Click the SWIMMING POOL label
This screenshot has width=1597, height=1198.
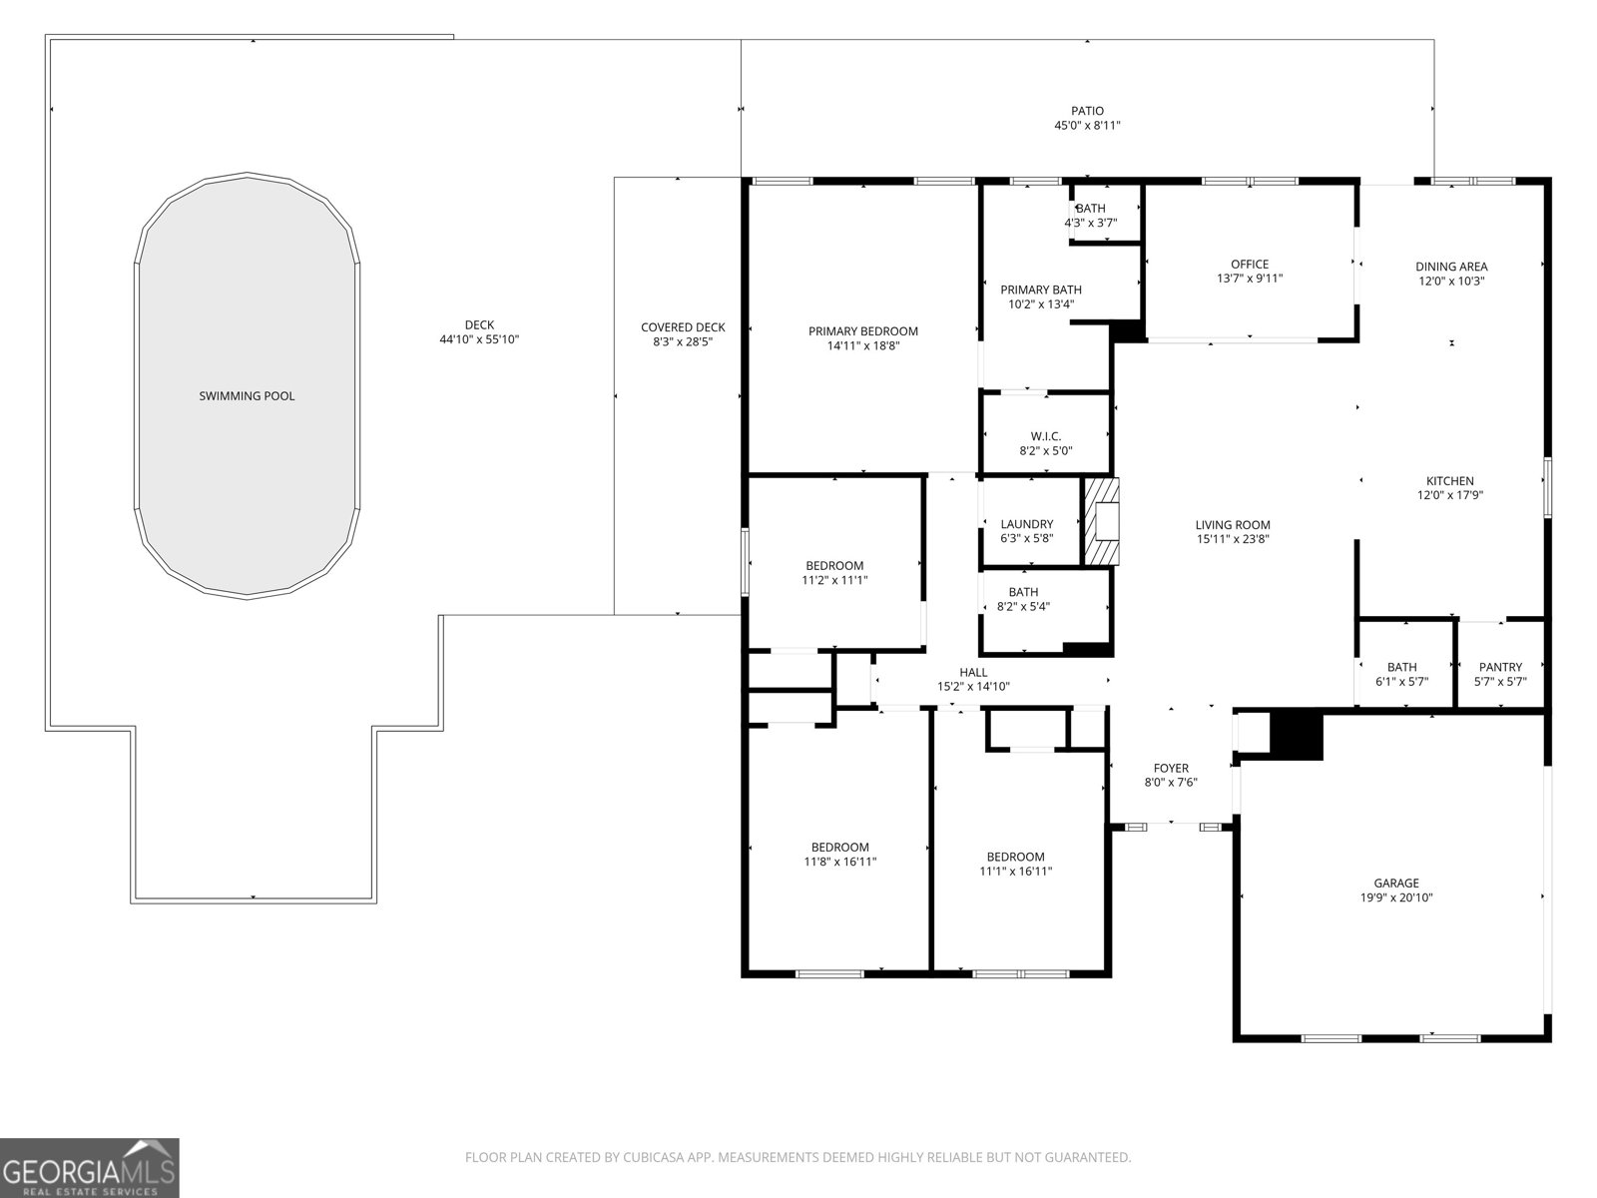(x=247, y=396)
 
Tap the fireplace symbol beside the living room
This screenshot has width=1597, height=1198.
(x=1102, y=522)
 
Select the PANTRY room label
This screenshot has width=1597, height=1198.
(x=1500, y=667)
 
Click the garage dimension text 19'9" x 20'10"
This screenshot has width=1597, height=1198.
(x=1395, y=898)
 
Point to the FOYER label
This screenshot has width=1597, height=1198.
(x=1171, y=768)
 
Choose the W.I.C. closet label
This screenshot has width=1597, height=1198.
(x=1045, y=436)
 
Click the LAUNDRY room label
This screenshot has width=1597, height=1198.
(x=1026, y=524)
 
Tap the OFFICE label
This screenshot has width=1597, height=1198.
(x=1249, y=265)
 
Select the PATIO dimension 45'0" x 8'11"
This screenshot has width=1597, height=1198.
(x=1087, y=126)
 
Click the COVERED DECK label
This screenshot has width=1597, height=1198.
(x=683, y=327)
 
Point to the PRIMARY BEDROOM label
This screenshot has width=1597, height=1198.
(x=862, y=331)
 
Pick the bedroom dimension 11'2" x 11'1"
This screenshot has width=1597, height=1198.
(x=834, y=580)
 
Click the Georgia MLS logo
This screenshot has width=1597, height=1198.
(x=90, y=1167)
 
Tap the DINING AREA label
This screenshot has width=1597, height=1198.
(x=1450, y=267)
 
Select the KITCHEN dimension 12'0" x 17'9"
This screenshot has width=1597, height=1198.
(x=1449, y=495)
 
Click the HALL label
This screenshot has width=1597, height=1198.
(x=973, y=672)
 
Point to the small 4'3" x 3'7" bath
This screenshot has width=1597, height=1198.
(x=1090, y=216)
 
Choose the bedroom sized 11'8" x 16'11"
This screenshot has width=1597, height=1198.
(x=839, y=855)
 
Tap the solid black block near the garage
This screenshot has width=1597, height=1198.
(x=1296, y=735)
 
